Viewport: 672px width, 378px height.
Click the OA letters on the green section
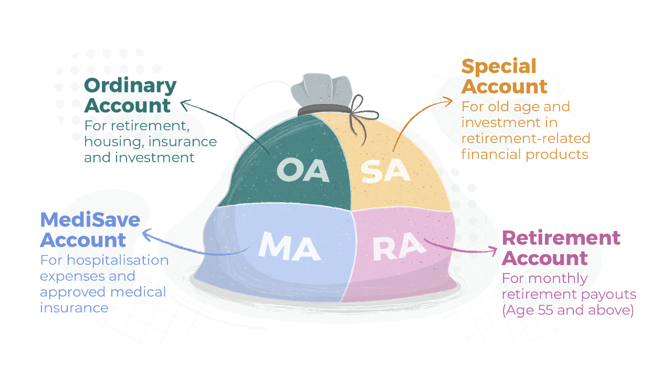click(303, 171)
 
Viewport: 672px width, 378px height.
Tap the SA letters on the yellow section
click(385, 171)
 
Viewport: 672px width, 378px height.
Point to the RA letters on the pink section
click(399, 247)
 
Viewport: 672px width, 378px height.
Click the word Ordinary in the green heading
click(130, 86)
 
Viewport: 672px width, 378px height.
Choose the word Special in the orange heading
click(499, 66)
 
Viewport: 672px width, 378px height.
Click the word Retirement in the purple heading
click(561, 238)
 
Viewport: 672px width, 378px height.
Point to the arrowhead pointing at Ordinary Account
click(186, 105)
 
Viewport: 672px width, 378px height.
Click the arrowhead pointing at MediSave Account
click(148, 235)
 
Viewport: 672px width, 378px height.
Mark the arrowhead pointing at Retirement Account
click(492, 251)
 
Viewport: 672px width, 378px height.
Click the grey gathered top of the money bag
click(322, 89)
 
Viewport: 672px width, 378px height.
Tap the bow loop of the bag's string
click(358, 103)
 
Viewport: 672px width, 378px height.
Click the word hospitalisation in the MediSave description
click(118, 260)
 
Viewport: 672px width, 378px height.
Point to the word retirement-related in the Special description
click(526, 138)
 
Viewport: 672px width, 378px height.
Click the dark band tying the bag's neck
click(324, 110)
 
